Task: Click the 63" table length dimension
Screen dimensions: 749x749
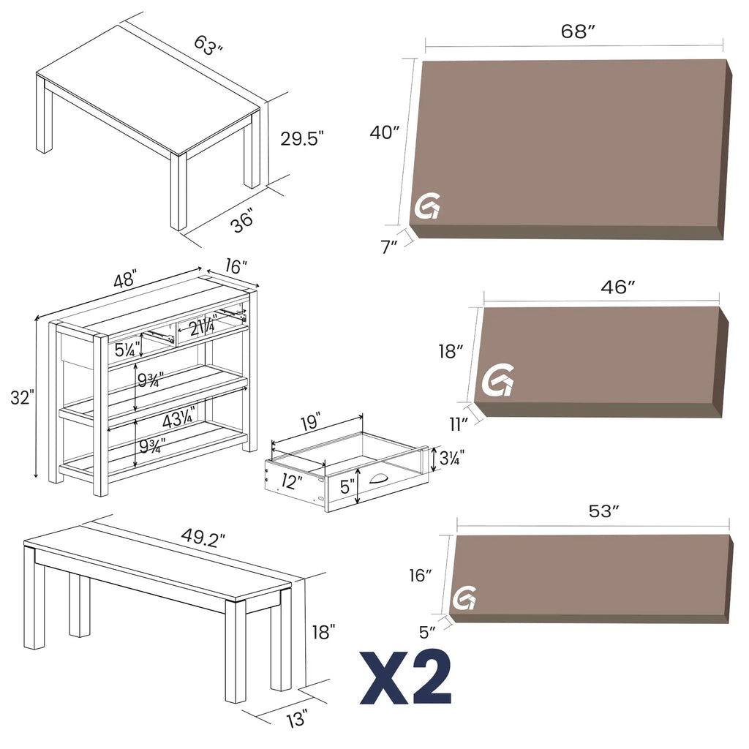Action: point(208,45)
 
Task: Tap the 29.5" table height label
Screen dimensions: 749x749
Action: point(301,138)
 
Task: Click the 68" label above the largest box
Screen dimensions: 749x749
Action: point(578,31)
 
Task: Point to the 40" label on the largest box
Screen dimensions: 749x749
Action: point(384,132)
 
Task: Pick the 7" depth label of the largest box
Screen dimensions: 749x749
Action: point(389,246)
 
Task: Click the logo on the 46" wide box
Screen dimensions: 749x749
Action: point(498,380)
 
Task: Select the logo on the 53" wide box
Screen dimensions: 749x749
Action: point(464,598)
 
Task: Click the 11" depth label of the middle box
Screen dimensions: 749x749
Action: point(459,424)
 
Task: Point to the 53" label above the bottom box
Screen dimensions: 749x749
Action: point(604,511)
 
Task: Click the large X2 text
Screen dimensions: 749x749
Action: point(405,677)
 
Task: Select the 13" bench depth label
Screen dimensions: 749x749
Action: point(296,720)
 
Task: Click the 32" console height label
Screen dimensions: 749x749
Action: point(22,398)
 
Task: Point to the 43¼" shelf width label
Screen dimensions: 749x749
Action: point(178,420)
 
